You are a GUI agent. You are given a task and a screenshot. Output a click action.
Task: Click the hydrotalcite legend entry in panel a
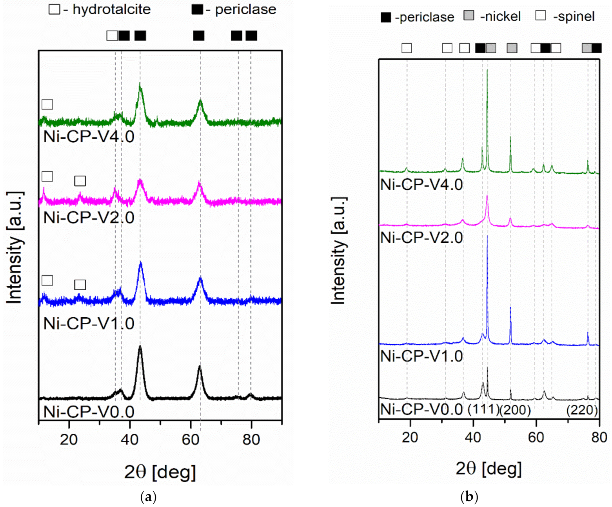(x=100, y=9)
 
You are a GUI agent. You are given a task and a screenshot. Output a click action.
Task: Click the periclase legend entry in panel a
(x=234, y=9)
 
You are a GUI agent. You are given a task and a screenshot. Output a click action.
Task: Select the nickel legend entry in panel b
(x=492, y=16)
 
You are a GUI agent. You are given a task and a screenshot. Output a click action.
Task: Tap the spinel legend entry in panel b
(x=565, y=16)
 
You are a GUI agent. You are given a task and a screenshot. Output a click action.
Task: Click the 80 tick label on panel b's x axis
(x=599, y=437)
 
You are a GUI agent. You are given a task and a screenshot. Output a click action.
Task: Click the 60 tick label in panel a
(x=191, y=439)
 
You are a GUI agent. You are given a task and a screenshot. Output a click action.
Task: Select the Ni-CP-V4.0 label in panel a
(x=89, y=136)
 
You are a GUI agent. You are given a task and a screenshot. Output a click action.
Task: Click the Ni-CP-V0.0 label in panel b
(x=421, y=409)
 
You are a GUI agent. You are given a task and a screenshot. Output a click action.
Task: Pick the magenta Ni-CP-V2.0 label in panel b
(x=421, y=238)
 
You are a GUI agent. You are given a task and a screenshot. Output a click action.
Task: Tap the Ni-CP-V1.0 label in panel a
(x=89, y=323)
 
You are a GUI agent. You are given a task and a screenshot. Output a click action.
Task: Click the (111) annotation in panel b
(x=483, y=409)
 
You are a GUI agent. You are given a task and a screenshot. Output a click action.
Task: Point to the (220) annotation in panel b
(x=582, y=410)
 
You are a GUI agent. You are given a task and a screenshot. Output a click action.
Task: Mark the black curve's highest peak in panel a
(x=140, y=346)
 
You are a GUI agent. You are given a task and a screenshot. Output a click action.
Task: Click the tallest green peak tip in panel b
(x=487, y=70)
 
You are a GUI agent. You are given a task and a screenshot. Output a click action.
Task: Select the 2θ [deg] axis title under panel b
(x=489, y=468)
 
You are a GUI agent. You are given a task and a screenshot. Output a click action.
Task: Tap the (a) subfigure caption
(x=148, y=497)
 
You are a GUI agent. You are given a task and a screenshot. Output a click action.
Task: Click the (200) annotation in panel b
(x=515, y=410)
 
